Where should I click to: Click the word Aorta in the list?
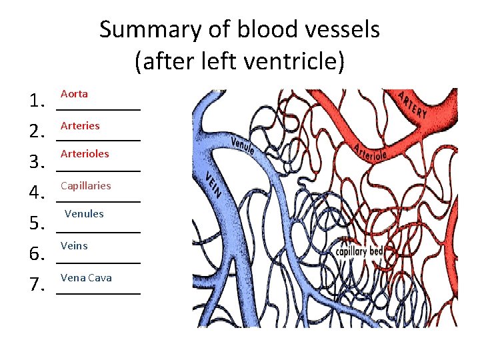tap(74, 94)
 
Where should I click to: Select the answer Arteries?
tap(80, 125)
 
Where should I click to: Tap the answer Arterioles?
tap(85, 153)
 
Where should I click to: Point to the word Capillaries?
tap(85, 185)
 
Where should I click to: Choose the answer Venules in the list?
tap(84, 214)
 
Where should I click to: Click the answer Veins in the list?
tap(74, 245)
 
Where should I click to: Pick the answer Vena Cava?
tap(86, 277)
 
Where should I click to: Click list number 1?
tap(36, 102)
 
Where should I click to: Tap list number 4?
tap(36, 195)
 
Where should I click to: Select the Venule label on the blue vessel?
tap(242, 143)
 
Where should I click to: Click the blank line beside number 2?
tap(99, 139)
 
